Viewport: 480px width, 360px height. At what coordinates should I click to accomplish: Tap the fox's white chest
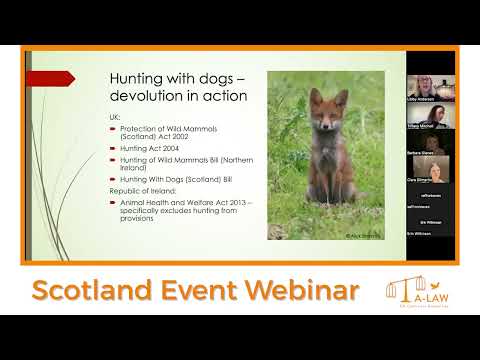(x=326, y=160)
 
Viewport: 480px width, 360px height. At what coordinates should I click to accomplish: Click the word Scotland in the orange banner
(x=95, y=291)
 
